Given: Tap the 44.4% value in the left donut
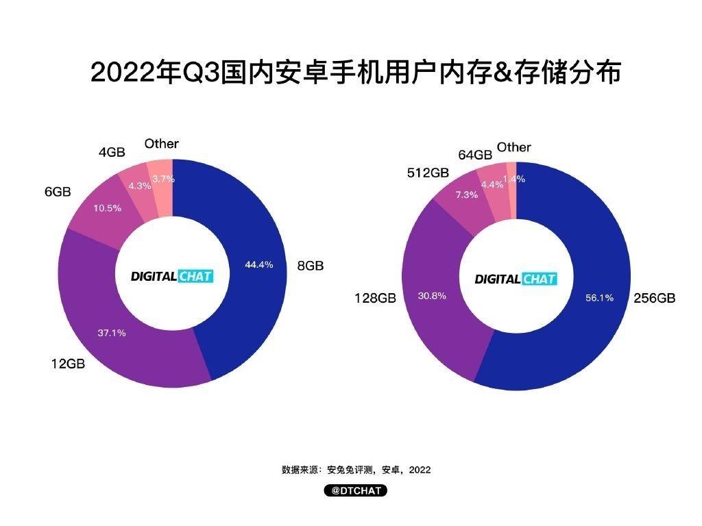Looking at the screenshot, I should tap(258, 264).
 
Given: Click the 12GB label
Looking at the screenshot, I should tap(67, 364).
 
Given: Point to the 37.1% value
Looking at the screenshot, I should tap(111, 333).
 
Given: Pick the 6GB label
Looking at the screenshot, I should tap(58, 192).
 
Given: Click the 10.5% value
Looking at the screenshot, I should tap(107, 208).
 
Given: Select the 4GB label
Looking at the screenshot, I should tap(112, 152).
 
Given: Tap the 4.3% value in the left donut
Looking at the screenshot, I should tap(139, 186).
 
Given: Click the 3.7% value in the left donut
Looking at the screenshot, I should tap(163, 179).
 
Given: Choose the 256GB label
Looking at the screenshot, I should tap(654, 298).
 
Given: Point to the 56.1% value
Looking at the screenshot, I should tap(600, 298).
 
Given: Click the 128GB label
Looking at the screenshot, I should tap(375, 299).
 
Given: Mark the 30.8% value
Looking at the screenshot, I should tap(432, 296).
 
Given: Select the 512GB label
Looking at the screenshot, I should tap(429, 173).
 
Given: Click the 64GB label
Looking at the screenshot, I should tap(475, 155).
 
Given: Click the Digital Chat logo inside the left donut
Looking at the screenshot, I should tap(172, 277).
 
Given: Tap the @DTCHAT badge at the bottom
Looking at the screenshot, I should tap(356, 491).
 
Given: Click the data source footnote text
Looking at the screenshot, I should tap(356, 470).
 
